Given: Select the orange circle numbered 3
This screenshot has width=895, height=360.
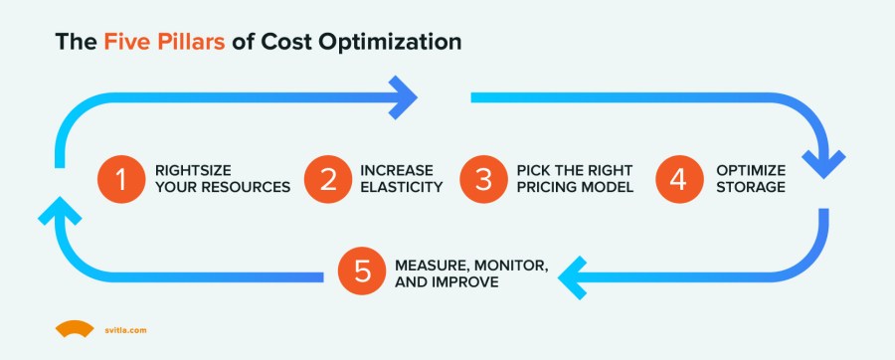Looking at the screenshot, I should pos(482,178).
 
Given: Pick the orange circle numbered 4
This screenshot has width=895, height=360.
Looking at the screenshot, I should pos(677,178).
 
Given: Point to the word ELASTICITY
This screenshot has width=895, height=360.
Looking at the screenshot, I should pos(401,187).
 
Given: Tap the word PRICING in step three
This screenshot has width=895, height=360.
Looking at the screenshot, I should pos(547,187).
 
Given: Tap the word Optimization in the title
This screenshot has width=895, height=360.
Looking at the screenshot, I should pos(398,43).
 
